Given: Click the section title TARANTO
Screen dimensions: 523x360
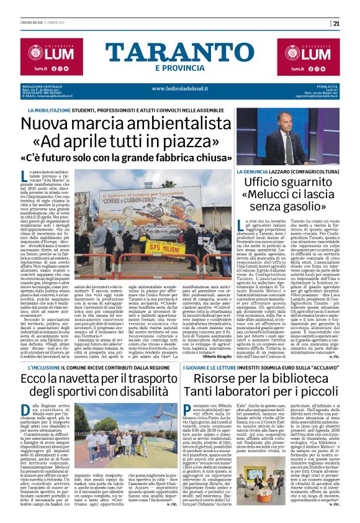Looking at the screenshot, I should [x=180, y=52].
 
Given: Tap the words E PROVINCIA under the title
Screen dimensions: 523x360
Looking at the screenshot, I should [x=180, y=68].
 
